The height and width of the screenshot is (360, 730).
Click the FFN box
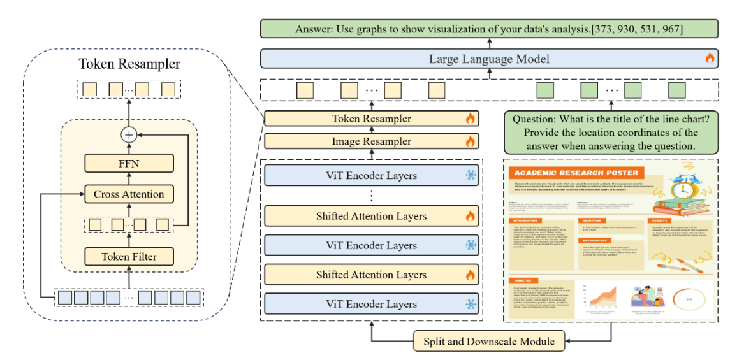tap(129, 164)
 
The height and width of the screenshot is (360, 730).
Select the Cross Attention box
tap(129, 194)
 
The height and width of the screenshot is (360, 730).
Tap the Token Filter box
tap(129, 257)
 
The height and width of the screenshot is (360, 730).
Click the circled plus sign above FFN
tap(129, 134)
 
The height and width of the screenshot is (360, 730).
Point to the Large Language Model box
tap(489, 59)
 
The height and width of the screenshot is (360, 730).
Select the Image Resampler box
tap(371, 141)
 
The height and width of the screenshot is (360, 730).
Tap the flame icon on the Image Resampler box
tap(471, 141)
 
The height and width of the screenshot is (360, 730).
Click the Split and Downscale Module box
tap(489, 342)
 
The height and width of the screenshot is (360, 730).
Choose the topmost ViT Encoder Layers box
tap(371, 176)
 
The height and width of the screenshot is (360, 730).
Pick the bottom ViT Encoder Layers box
tap(371, 305)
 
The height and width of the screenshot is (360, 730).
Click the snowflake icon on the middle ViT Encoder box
tap(471, 245)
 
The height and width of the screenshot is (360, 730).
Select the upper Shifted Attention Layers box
tap(371, 216)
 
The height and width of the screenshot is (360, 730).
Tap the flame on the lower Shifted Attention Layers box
tap(471, 275)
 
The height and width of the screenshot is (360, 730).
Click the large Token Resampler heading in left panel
tap(129, 64)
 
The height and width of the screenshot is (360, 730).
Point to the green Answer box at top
tap(489, 29)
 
